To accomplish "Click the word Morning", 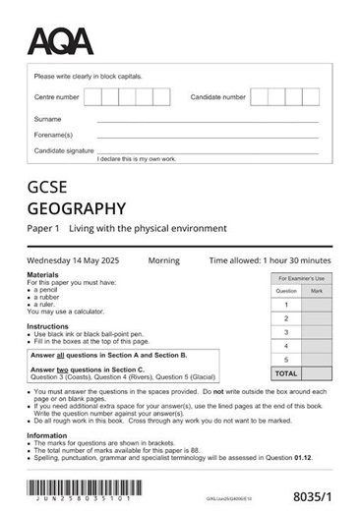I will (163, 260).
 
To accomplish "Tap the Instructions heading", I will (47, 326).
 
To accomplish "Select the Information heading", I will (47, 435).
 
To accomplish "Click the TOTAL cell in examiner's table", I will (285, 373).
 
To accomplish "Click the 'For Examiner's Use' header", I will (300, 279).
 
